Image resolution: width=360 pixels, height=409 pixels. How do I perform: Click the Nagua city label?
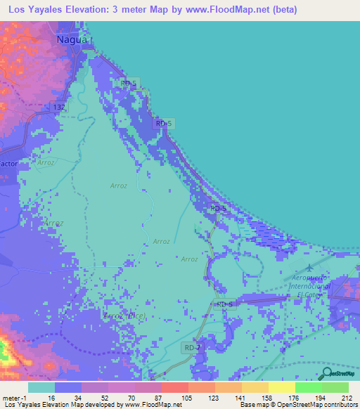72,41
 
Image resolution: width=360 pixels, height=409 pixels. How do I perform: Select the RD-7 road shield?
193,348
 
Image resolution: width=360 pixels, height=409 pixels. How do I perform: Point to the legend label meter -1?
14,398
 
